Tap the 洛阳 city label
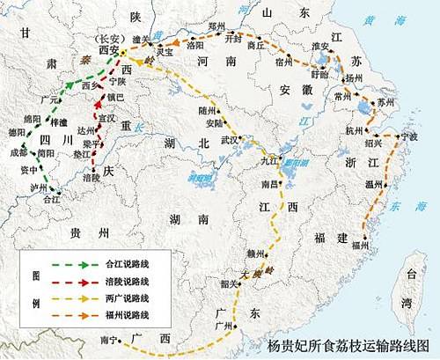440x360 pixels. coord(194,45)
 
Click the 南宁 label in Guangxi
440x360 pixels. coord(110,338)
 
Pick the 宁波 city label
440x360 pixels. coord(409,137)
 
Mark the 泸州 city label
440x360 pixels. coord(40,188)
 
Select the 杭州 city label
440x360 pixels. coord(355,131)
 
